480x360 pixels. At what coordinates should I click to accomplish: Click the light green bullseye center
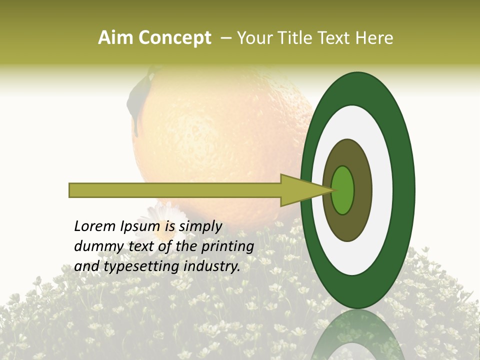(x=343, y=190)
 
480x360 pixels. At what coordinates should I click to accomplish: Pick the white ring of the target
(x=382, y=190)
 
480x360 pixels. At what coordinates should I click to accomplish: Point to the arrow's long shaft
(x=175, y=190)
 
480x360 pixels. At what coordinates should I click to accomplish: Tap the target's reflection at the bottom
(x=357, y=335)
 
